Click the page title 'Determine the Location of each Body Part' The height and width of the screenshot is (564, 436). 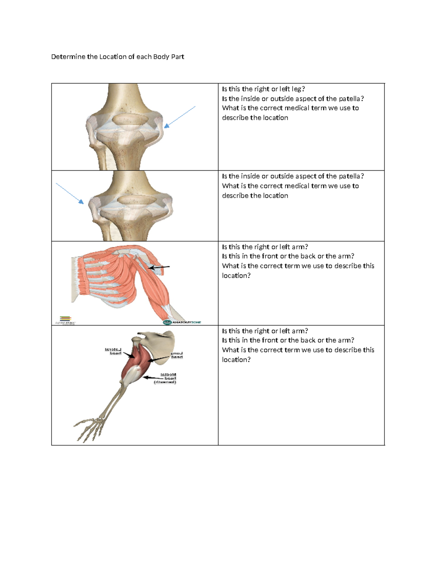point(117,57)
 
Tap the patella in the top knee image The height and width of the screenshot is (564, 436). point(130,119)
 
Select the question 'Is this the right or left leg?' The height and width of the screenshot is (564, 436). point(263,89)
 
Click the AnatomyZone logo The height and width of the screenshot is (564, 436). point(182,322)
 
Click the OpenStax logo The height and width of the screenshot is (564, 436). point(65,320)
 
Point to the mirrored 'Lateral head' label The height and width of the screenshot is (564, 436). point(113,351)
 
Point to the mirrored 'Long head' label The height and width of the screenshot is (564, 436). point(177,355)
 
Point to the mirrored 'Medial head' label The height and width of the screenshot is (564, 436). point(168,378)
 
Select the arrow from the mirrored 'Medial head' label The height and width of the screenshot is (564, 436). point(152,378)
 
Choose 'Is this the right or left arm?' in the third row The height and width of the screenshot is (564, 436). point(265,247)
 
